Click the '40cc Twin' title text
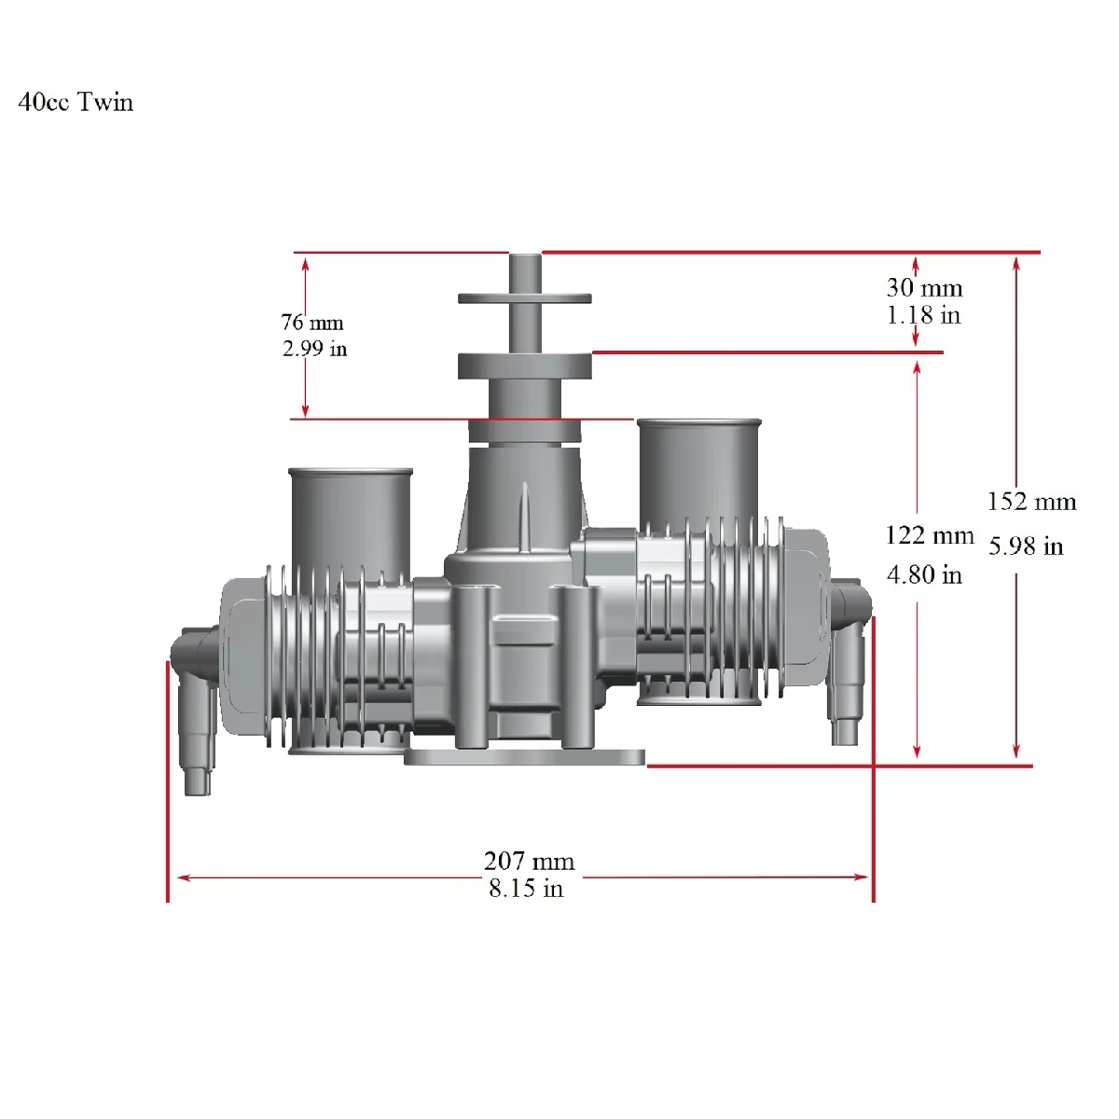tap(76, 102)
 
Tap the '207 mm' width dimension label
tap(529, 860)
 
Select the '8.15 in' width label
tap(526, 888)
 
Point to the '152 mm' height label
tap(1031, 502)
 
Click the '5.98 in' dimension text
tap(1025, 546)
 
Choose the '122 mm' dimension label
tap(929, 535)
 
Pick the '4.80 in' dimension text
tap(923, 574)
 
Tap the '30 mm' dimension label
tap(923, 287)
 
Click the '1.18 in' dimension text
tap(922, 315)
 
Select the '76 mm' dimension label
tap(312, 323)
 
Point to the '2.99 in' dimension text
tap(314, 351)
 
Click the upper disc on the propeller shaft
tap(525, 298)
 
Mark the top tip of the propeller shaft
tap(525, 256)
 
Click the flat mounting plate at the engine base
tap(524, 756)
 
